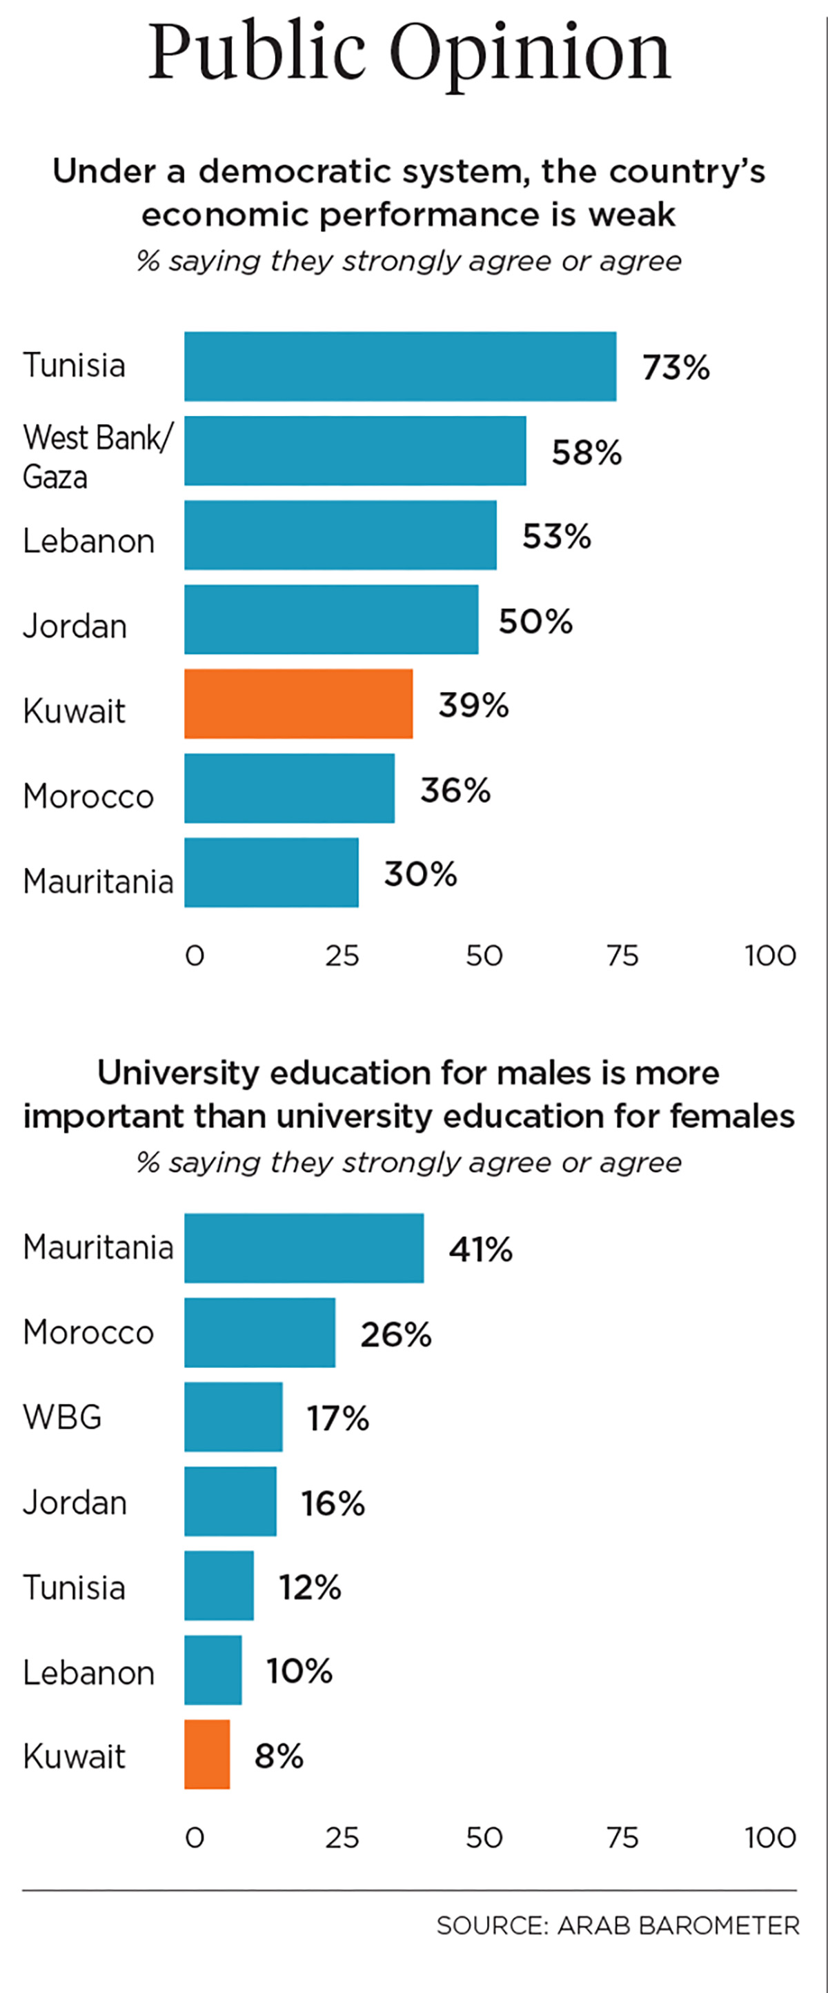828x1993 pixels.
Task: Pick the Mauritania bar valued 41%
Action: (x=304, y=1247)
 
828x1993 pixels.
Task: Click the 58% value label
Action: (x=586, y=452)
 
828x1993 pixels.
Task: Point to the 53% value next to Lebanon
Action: (x=556, y=536)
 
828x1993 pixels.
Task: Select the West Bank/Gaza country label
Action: (x=97, y=457)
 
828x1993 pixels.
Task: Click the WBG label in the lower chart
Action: (x=62, y=1416)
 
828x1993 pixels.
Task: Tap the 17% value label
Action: (x=338, y=1418)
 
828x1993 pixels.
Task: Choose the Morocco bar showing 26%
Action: (x=259, y=1332)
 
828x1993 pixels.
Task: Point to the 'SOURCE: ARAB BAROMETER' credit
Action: (x=618, y=1925)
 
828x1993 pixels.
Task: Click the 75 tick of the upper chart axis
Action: (x=622, y=955)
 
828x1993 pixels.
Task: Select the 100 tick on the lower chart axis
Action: (x=770, y=1838)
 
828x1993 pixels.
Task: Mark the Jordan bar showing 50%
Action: (x=331, y=619)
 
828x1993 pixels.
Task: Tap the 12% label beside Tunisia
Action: (x=310, y=1587)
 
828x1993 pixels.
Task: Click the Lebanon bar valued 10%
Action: (x=213, y=1669)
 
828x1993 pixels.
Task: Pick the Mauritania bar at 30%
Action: (x=271, y=872)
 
